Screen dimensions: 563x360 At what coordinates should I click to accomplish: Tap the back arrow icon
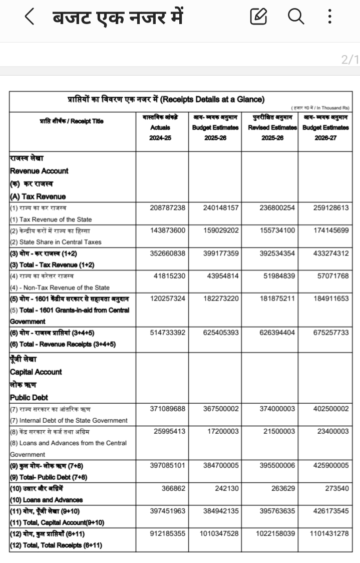coord(30,18)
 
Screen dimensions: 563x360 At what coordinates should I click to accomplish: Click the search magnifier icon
coord(296,18)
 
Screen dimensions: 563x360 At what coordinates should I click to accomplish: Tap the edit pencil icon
coord(258,18)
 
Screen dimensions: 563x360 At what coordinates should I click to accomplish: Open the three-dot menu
coord(329,18)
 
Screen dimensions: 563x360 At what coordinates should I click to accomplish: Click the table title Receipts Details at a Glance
coord(166,99)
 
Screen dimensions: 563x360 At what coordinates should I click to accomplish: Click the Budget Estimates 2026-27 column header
coord(325,128)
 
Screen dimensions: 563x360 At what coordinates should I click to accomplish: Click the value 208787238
coord(168,207)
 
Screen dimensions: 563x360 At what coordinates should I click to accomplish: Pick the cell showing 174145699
coord(328,230)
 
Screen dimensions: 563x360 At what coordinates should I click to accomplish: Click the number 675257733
coord(328,333)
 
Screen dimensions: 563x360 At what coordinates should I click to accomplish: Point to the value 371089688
coord(168,409)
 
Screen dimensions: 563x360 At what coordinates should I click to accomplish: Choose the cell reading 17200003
coord(223,431)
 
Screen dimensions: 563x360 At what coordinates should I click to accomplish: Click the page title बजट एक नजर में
coord(118,18)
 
